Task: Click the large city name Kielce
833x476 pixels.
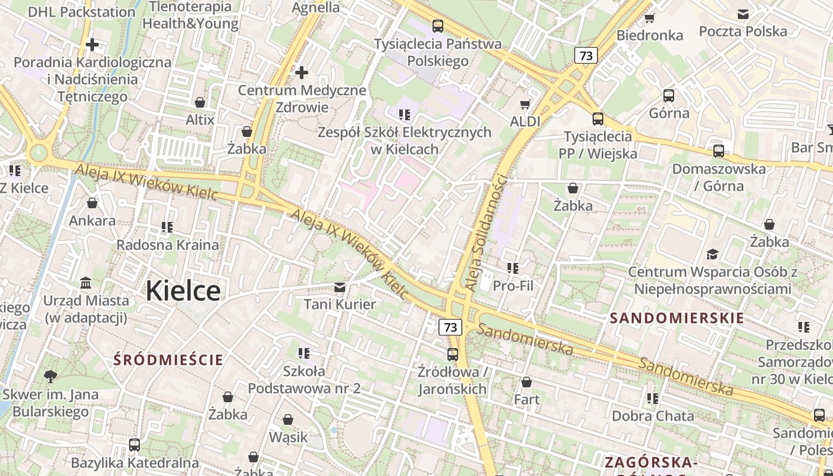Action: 183,290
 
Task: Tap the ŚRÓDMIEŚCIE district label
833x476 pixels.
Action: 168,359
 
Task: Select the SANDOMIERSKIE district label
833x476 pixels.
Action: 677,318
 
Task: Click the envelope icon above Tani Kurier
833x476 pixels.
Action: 340,288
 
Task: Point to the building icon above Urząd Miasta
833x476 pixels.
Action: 86,283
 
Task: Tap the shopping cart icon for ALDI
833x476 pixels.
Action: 525,105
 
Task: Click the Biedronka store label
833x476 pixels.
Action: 650,35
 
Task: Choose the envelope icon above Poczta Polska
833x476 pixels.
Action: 743,14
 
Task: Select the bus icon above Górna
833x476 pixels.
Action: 669,96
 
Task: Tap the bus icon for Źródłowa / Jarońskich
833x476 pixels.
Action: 453,355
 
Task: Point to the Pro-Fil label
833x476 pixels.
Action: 513,286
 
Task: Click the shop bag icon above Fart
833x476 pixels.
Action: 527,382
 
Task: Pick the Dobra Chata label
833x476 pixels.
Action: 653,416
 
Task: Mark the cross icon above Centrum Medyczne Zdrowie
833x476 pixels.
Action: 302,73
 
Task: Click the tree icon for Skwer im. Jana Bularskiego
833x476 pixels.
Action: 51,376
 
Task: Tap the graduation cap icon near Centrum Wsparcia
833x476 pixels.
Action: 712,255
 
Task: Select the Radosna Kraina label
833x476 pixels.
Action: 167,245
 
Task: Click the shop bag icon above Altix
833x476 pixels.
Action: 200,102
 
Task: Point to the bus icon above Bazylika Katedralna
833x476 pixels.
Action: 134,444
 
